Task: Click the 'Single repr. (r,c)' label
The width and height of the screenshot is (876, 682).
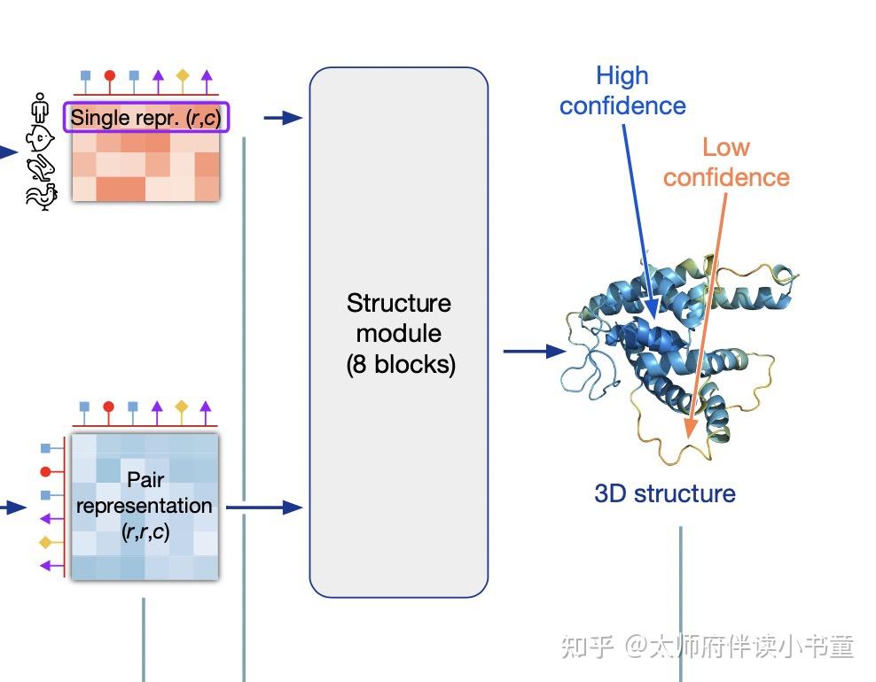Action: coord(145,117)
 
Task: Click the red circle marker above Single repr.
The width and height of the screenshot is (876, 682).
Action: coord(109,76)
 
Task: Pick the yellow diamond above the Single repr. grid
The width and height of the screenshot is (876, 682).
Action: coord(182,76)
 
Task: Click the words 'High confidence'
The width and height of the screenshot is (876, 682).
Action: coord(622,90)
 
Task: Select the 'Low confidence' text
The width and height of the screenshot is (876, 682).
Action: coord(726,162)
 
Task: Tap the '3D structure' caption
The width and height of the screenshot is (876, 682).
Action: coord(665,493)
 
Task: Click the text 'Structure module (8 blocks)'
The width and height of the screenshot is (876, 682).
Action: coord(399,333)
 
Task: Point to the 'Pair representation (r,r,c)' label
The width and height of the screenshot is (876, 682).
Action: coord(145,506)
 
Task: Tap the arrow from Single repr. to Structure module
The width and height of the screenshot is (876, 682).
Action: coord(283,117)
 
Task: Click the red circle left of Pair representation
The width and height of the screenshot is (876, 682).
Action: coord(46,471)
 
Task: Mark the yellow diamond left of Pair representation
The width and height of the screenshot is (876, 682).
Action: coord(46,541)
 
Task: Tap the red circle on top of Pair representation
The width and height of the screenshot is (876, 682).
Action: coord(109,407)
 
